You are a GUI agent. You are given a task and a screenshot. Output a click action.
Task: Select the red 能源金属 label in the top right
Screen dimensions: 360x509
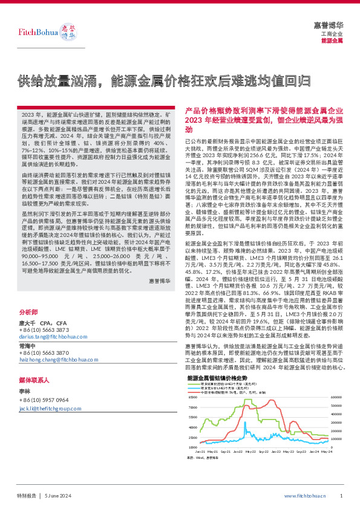point(332,41)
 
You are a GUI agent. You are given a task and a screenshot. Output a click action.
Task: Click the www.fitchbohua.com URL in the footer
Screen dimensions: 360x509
point(304,495)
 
